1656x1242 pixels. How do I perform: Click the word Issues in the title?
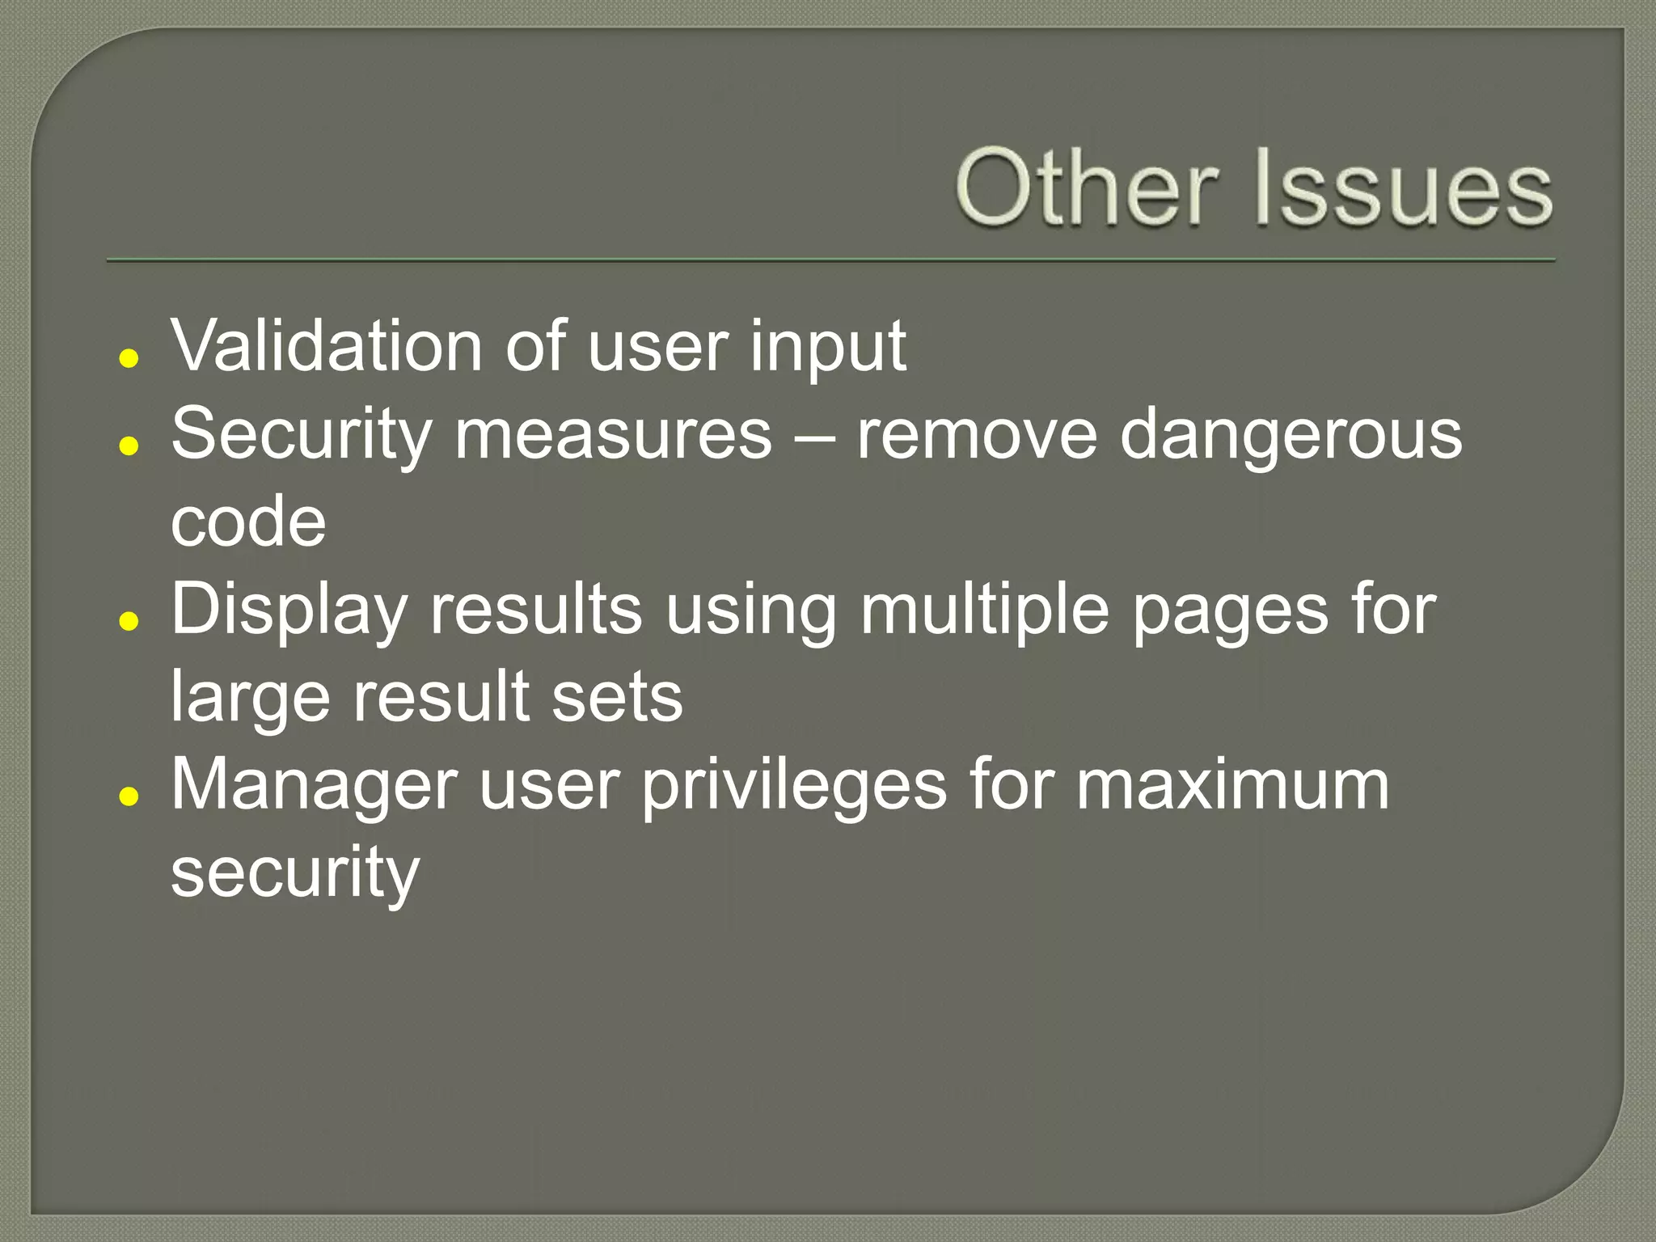pyautogui.click(x=1403, y=188)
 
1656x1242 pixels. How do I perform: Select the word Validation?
pyautogui.click(x=327, y=346)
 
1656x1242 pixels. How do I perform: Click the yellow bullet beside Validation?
pyautogui.click(x=129, y=358)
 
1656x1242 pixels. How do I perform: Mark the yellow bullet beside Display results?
pyautogui.click(x=129, y=621)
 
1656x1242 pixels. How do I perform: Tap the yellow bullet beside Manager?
pyautogui.click(x=129, y=796)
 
